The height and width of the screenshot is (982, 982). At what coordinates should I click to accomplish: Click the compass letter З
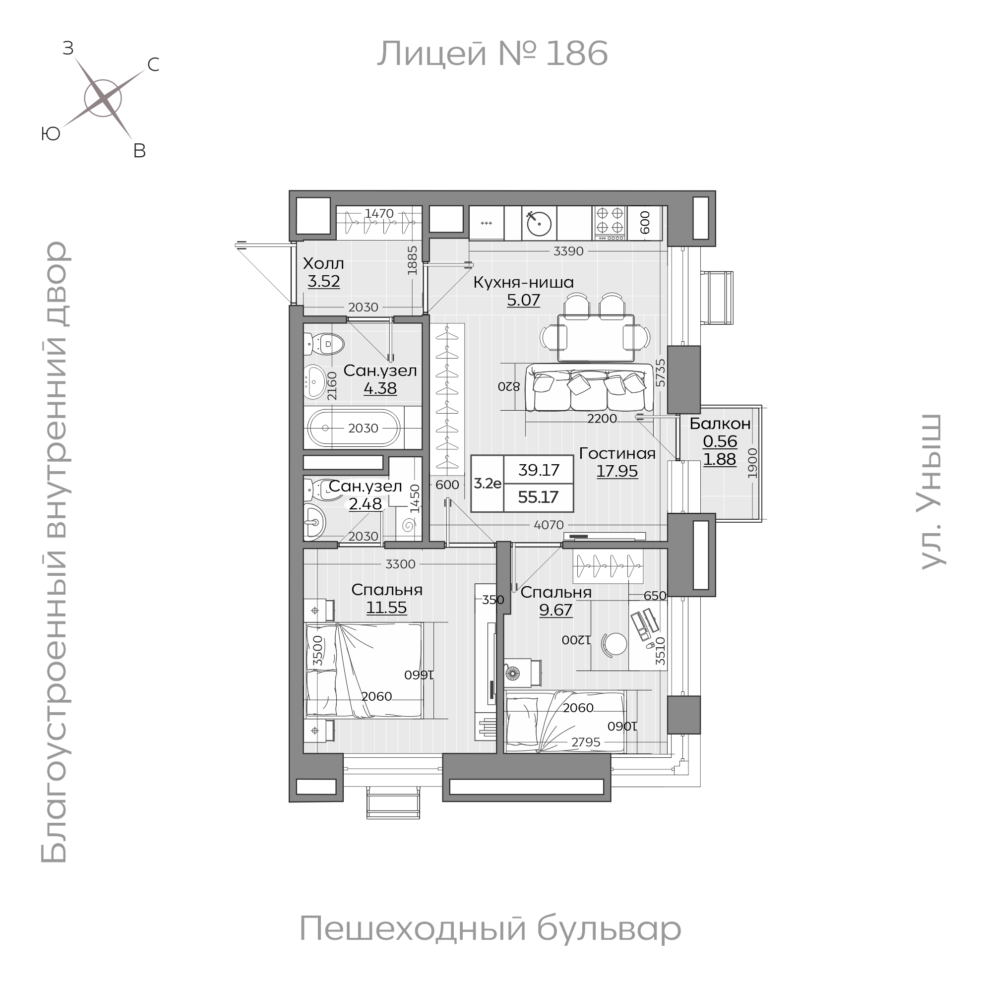coord(68,48)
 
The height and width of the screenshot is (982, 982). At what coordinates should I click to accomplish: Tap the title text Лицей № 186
coord(492,54)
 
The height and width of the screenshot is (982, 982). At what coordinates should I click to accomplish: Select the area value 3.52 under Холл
coord(324,281)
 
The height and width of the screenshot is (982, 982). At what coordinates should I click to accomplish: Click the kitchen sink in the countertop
coord(539,224)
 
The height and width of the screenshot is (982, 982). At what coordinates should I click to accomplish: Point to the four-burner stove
coord(610,224)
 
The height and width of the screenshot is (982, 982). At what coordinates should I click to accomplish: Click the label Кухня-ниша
coord(524,282)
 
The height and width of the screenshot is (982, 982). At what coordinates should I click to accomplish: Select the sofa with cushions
coord(590,387)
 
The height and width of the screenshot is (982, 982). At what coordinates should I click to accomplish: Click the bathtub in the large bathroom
coord(354,428)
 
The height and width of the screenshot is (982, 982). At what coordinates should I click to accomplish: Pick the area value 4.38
coord(380,388)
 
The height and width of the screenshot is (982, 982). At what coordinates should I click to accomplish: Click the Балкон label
coord(720,424)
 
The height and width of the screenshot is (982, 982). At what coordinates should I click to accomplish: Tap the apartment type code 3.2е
coord(488,484)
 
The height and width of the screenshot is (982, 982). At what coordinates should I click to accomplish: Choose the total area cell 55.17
coord(538,497)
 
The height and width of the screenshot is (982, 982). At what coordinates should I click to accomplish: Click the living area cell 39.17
coord(539,470)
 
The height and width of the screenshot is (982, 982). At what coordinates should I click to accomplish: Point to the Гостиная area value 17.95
coord(617,471)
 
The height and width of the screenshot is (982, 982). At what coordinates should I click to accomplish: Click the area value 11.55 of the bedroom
coord(387,608)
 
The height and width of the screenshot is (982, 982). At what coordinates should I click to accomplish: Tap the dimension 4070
coord(549,525)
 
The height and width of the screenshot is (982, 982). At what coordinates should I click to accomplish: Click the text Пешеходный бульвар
coord(490,928)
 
